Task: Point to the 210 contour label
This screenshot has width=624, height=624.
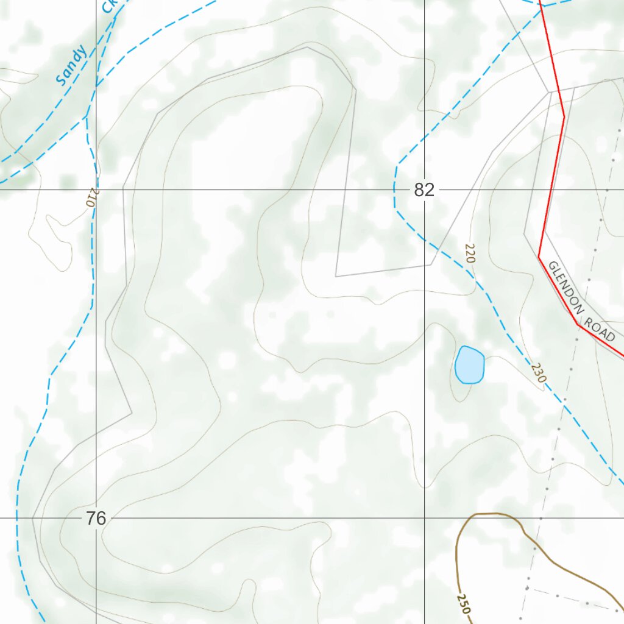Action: [92, 198]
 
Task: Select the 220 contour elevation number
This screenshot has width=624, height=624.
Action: [469, 253]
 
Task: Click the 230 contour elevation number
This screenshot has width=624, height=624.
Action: [538, 373]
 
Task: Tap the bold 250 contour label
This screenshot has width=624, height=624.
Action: [463, 603]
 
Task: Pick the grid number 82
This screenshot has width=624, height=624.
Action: [424, 190]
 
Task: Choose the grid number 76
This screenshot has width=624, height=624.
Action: [96, 519]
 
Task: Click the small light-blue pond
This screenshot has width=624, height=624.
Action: [469, 364]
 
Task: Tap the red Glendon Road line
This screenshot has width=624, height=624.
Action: [551, 183]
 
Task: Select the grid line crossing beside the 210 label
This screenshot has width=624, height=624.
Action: [96, 190]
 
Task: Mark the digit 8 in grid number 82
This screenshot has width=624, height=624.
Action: [419, 190]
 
